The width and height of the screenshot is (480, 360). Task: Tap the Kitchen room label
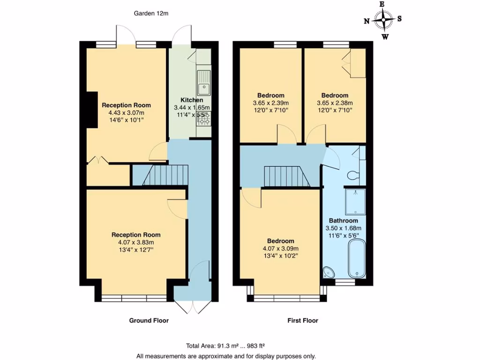coord(192,100)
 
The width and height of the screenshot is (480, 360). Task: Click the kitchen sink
coord(204,82)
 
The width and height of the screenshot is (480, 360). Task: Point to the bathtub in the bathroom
coord(357,258)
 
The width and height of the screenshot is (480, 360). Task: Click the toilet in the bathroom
coord(353,175)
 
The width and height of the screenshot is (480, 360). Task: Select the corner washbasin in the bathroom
coord(328,272)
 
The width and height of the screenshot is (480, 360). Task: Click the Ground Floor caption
coord(149,321)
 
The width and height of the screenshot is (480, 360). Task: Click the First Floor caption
coord(302,321)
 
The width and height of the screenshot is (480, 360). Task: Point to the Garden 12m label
coord(151,14)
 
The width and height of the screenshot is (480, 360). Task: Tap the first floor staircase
coord(282,177)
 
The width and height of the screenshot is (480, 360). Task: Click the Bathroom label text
coord(343,221)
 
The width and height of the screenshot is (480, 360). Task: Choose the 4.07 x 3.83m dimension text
coord(136,242)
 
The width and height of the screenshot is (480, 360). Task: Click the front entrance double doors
coord(192,307)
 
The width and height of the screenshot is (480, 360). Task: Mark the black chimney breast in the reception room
coord(92,110)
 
